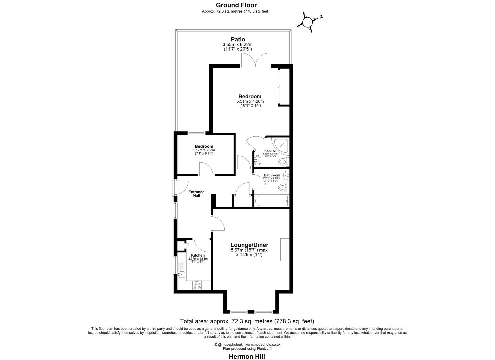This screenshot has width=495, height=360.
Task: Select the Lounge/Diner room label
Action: pyautogui.click(x=249, y=245)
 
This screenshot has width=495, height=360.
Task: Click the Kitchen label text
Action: pyautogui.click(x=198, y=255)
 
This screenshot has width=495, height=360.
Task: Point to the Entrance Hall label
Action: pyautogui.click(x=196, y=194)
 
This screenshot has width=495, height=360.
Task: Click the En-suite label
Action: pyautogui.click(x=270, y=151)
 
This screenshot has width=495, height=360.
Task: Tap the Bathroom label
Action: pyautogui.click(x=272, y=175)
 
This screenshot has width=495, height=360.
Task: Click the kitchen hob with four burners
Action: pyautogui.click(x=197, y=285)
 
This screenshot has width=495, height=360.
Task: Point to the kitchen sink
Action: pyautogui.click(x=181, y=274)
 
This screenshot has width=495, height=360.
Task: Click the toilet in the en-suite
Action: pyautogui.click(x=283, y=162)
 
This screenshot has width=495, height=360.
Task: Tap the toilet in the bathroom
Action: pyautogui.click(x=283, y=187)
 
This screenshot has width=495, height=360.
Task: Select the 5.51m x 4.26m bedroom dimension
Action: pyautogui.click(x=250, y=101)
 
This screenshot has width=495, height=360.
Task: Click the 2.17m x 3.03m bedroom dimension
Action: pyautogui.click(x=204, y=150)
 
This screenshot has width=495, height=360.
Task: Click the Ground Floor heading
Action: pyautogui.click(x=236, y=5)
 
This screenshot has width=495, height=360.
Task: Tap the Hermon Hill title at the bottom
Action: pyautogui.click(x=247, y=356)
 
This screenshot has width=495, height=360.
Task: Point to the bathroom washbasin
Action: pyautogui.click(x=286, y=175)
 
